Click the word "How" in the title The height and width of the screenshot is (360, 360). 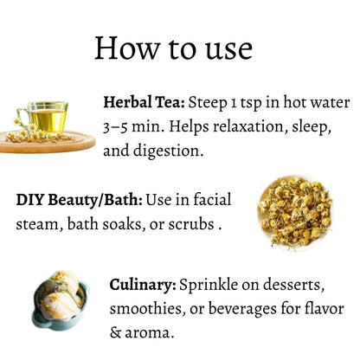click(127, 48)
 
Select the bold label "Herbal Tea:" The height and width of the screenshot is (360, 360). click(144, 102)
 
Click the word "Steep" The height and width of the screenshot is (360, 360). click(208, 103)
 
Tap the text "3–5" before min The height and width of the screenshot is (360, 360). click(115, 127)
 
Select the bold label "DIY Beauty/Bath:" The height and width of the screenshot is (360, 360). click(80, 200)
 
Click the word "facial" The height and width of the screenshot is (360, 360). click(212, 199)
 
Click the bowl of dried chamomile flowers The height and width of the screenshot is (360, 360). click(295, 213)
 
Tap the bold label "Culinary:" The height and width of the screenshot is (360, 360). click(143, 285)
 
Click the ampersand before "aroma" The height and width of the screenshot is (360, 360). click(116, 332)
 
